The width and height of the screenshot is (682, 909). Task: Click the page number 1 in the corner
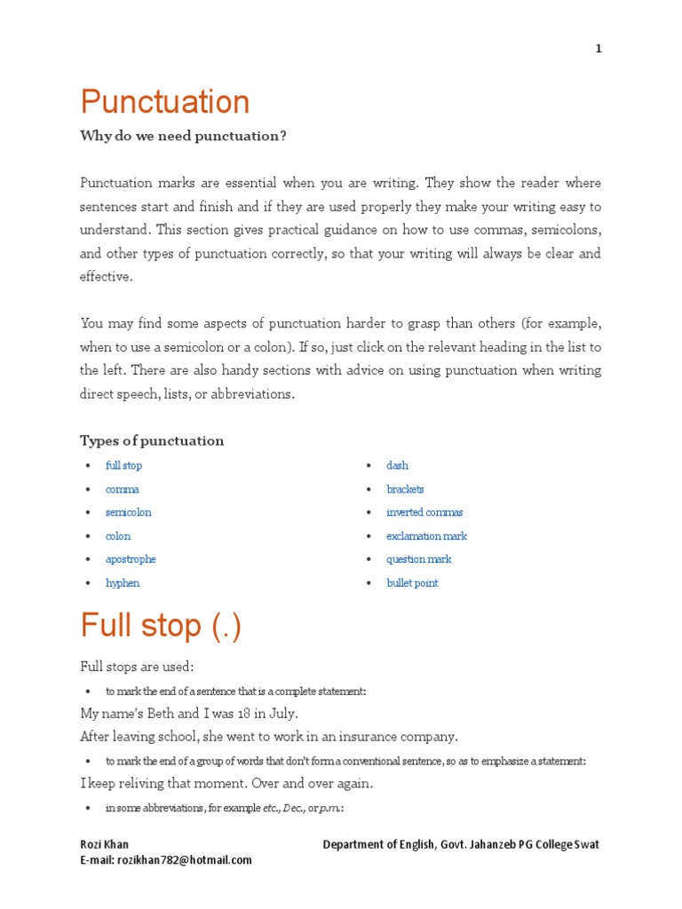click(x=599, y=49)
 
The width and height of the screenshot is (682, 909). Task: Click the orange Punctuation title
click(x=165, y=102)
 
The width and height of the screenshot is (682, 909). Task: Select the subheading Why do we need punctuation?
click(x=184, y=136)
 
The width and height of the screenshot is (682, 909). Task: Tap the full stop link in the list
click(x=123, y=465)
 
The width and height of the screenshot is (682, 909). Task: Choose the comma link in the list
click(x=123, y=489)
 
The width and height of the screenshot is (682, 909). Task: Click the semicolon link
click(x=129, y=512)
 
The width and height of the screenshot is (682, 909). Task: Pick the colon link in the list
click(x=118, y=536)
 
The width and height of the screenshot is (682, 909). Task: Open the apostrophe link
click(x=131, y=559)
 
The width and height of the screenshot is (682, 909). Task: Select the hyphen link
click(x=123, y=583)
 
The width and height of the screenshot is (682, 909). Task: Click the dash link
click(x=397, y=465)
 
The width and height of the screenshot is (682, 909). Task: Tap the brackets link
click(x=405, y=489)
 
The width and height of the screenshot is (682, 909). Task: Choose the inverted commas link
click(x=424, y=512)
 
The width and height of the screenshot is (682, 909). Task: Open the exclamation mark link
click(x=426, y=536)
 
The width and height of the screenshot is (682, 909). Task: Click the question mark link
click(x=418, y=559)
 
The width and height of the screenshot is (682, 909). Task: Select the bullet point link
click(x=412, y=583)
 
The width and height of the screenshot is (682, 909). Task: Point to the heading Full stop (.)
click(x=161, y=626)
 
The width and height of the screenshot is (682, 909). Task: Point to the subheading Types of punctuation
click(x=152, y=440)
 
